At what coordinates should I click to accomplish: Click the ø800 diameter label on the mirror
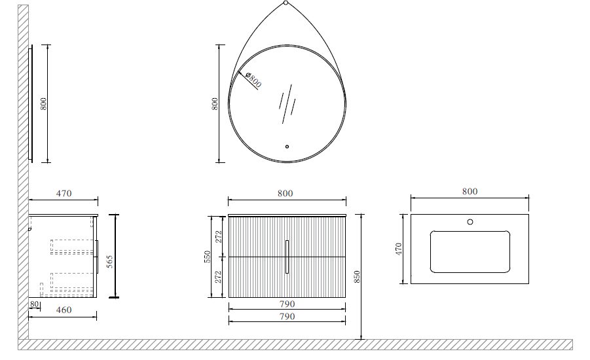tap(253, 80)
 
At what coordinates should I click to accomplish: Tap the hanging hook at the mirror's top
tap(286, 3)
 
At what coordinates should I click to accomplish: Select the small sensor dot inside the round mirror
tap(287, 147)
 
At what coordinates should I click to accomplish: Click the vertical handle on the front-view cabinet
tap(287, 257)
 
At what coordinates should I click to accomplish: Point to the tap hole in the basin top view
tap(470, 222)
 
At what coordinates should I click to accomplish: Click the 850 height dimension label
tap(357, 276)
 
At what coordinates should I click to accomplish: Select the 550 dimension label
tap(208, 257)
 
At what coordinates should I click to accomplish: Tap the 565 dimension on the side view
tap(109, 261)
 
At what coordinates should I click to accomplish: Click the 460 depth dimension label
tap(64, 310)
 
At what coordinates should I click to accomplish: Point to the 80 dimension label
tap(35, 304)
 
